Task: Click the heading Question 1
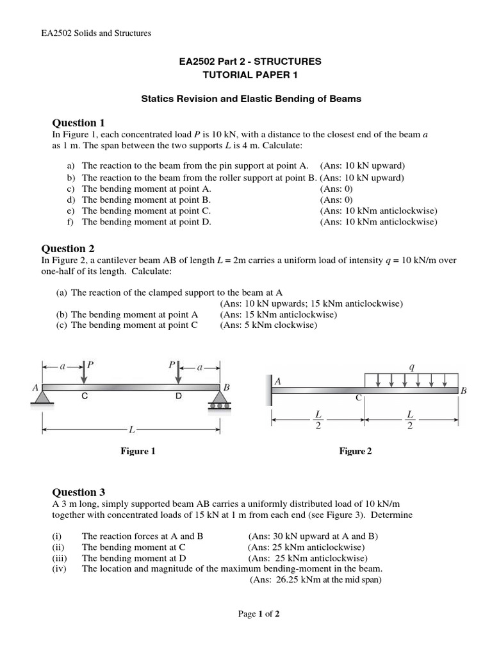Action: coord(78,123)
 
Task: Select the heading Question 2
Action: coord(68,248)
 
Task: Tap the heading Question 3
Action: coord(78,492)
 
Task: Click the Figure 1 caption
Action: coord(138,452)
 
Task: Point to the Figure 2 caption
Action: coord(356,452)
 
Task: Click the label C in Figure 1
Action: coord(85,397)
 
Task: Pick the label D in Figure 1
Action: coord(179,397)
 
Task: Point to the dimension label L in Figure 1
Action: coord(131,427)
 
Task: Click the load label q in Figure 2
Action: coord(411,367)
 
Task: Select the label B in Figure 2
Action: coord(463,390)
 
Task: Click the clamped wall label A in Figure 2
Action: coord(278,380)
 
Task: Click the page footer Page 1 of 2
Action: coord(259,614)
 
